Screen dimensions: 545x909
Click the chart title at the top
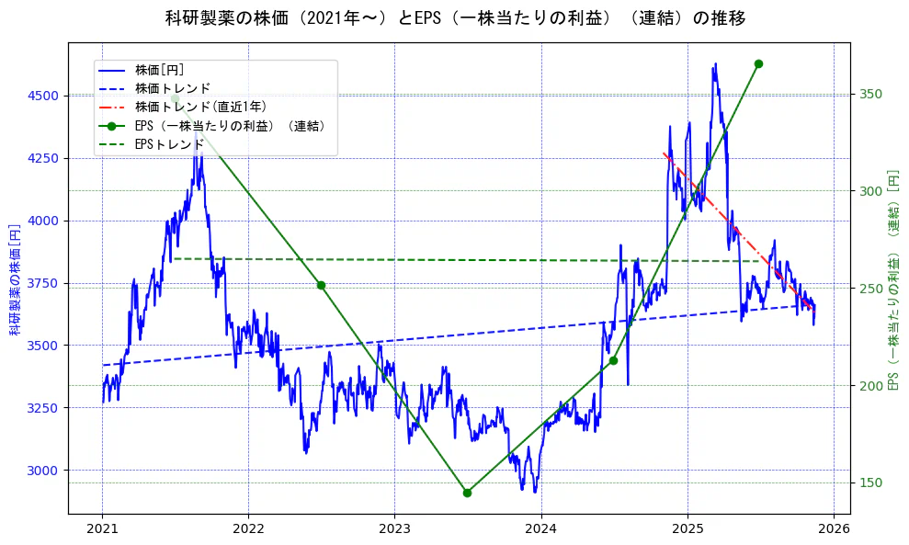click(x=455, y=18)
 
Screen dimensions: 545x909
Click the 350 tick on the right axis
click(x=870, y=95)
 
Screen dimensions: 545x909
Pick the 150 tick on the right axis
click(x=870, y=483)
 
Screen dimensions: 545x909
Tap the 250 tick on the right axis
click(x=870, y=289)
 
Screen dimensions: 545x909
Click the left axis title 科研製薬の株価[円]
click(x=15, y=278)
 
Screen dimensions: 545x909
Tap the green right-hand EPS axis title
click(x=892, y=278)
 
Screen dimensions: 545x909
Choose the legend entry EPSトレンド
click(x=169, y=144)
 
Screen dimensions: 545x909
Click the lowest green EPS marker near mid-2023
click(x=467, y=493)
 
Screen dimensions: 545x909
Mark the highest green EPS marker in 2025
click(x=758, y=63)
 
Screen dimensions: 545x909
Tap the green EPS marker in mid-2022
click(x=321, y=285)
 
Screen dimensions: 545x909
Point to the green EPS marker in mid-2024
click(x=613, y=360)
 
